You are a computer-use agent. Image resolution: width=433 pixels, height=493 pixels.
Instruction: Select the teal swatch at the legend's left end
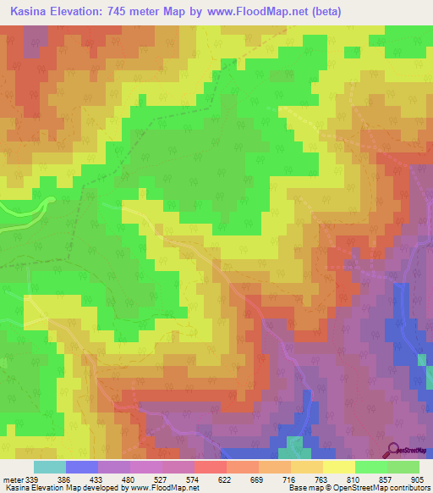(x=50, y=467)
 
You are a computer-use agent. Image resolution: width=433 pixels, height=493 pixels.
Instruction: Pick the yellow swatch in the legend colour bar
(x=338, y=467)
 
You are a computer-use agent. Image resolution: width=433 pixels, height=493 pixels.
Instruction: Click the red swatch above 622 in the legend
(x=210, y=467)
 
